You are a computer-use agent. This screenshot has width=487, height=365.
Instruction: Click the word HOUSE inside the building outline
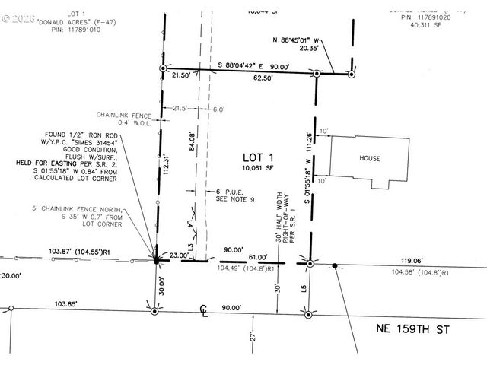[370, 158]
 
